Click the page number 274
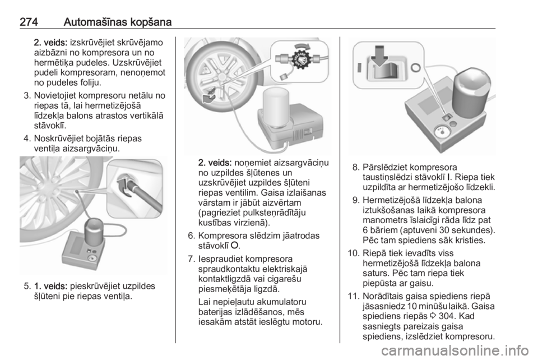click(x=29, y=22)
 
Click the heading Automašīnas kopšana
click(x=117, y=22)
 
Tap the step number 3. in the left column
click(x=27, y=95)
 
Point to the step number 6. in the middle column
click(x=192, y=236)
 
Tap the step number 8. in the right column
click(x=356, y=167)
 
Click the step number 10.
click(x=354, y=253)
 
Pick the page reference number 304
click(x=447, y=316)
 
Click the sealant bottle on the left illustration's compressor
click(x=94, y=230)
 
